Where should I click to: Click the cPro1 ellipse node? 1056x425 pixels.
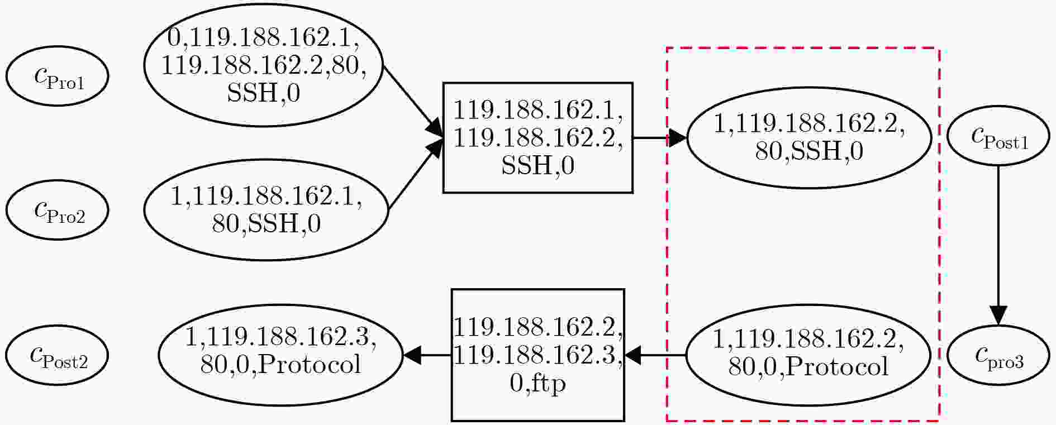pos(58,76)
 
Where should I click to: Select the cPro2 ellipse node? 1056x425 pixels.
pos(58,209)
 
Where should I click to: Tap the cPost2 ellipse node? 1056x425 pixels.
pos(58,355)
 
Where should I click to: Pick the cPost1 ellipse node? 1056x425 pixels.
pos(998,136)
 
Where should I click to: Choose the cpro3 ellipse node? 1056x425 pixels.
pos(998,355)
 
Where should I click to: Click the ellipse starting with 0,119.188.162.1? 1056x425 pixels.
pos(264,65)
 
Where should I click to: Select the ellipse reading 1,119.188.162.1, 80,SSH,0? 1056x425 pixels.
pos(266,209)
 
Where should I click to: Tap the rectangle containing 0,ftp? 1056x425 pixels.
pos(537,355)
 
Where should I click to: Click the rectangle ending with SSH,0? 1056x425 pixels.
pos(537,137)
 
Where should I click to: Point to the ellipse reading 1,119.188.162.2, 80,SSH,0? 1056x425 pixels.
pos(808,137)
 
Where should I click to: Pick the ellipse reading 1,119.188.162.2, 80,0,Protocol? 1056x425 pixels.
pos(808,355)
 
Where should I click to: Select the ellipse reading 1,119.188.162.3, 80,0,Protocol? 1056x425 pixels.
pos(280,355)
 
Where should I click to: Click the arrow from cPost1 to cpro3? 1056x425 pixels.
pos(998,245)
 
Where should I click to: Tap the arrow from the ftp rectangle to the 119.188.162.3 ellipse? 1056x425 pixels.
pos(427,355)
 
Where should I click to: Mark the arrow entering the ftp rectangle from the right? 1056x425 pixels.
pos(655,355)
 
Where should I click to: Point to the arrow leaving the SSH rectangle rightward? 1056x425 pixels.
pos(660,137)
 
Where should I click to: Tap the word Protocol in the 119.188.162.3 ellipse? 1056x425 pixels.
pos(310,365)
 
